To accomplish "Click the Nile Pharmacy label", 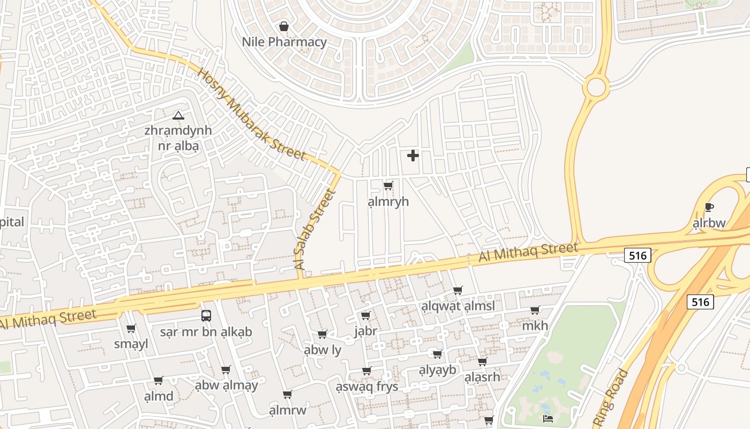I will [x=284, y=42].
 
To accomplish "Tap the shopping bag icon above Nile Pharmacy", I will [x=284, y=26].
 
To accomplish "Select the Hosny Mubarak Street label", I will [x=251, y=114].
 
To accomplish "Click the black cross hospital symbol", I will [x=412, y=156].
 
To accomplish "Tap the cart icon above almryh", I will [x=388, y=186].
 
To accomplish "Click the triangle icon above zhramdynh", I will [x=178, y=115].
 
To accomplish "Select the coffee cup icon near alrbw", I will [x=709, y=208].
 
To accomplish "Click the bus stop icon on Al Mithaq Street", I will [x=206, y=315].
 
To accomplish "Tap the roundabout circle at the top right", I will [x=595, y=86].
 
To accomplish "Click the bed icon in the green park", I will [x=547, y=418].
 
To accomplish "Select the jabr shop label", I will [x=365, y=331].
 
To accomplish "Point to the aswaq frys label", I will [x=367, y=386].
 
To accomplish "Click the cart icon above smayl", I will [x=131, y=329].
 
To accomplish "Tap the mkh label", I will [x=535, y=326].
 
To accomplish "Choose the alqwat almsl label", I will [x=457, y=306].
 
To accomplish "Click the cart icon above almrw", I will [x=288, y=395].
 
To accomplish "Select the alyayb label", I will [x=437, y=369].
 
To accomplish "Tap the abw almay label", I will [x=226, y=385].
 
